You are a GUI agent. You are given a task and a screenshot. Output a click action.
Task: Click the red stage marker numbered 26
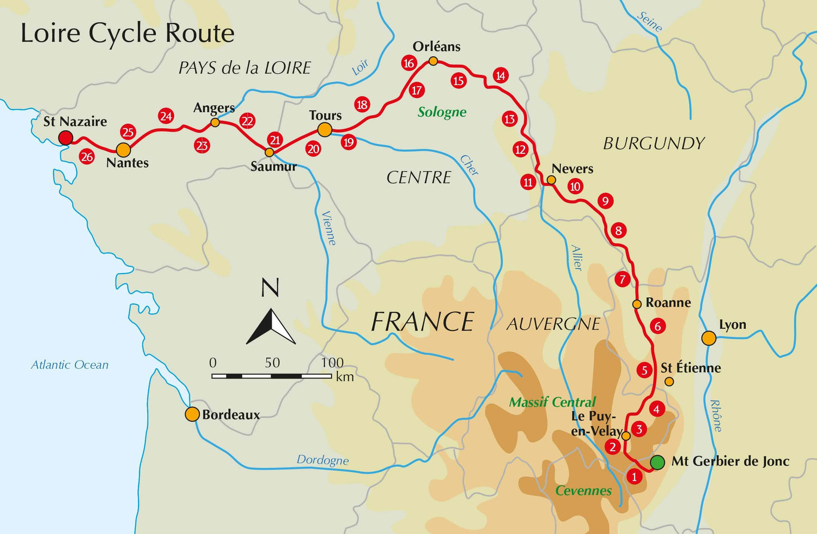coord(87,157)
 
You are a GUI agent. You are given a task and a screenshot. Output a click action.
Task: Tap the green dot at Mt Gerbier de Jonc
coord(657,463)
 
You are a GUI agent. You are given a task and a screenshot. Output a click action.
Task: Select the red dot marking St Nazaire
coord(65,137)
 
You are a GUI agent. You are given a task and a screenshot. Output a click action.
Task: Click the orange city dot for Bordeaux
coord(192,414)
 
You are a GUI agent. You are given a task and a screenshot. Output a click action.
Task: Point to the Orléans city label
coord(436,47)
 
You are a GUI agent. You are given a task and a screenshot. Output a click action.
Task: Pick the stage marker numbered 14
coord(501,76)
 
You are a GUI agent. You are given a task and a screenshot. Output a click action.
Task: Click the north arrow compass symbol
coord(271,326)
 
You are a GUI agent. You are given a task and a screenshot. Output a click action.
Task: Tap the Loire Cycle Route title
coord(127,33)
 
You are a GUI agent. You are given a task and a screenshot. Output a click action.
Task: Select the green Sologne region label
coord(442,112)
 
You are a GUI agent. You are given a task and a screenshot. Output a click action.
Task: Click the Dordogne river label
coord(322,460)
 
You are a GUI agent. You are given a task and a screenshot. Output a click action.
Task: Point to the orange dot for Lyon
coord(709,338)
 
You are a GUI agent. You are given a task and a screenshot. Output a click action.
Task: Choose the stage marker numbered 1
coord(634,477)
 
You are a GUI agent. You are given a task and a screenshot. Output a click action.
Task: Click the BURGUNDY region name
coord(654,143)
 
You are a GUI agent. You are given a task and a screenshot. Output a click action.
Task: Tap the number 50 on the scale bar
coord(272,363)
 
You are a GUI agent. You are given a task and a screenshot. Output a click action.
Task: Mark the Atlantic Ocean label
coord(70,365)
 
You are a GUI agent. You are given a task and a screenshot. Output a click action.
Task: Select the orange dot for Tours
coord(325,130)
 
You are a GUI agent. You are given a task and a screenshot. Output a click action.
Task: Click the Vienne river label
coord(329,228)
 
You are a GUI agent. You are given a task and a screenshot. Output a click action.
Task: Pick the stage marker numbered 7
coord(623,279)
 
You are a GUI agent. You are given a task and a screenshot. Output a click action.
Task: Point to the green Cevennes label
coord(583,490)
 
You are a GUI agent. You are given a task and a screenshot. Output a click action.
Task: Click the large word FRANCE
coord(422,322)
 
